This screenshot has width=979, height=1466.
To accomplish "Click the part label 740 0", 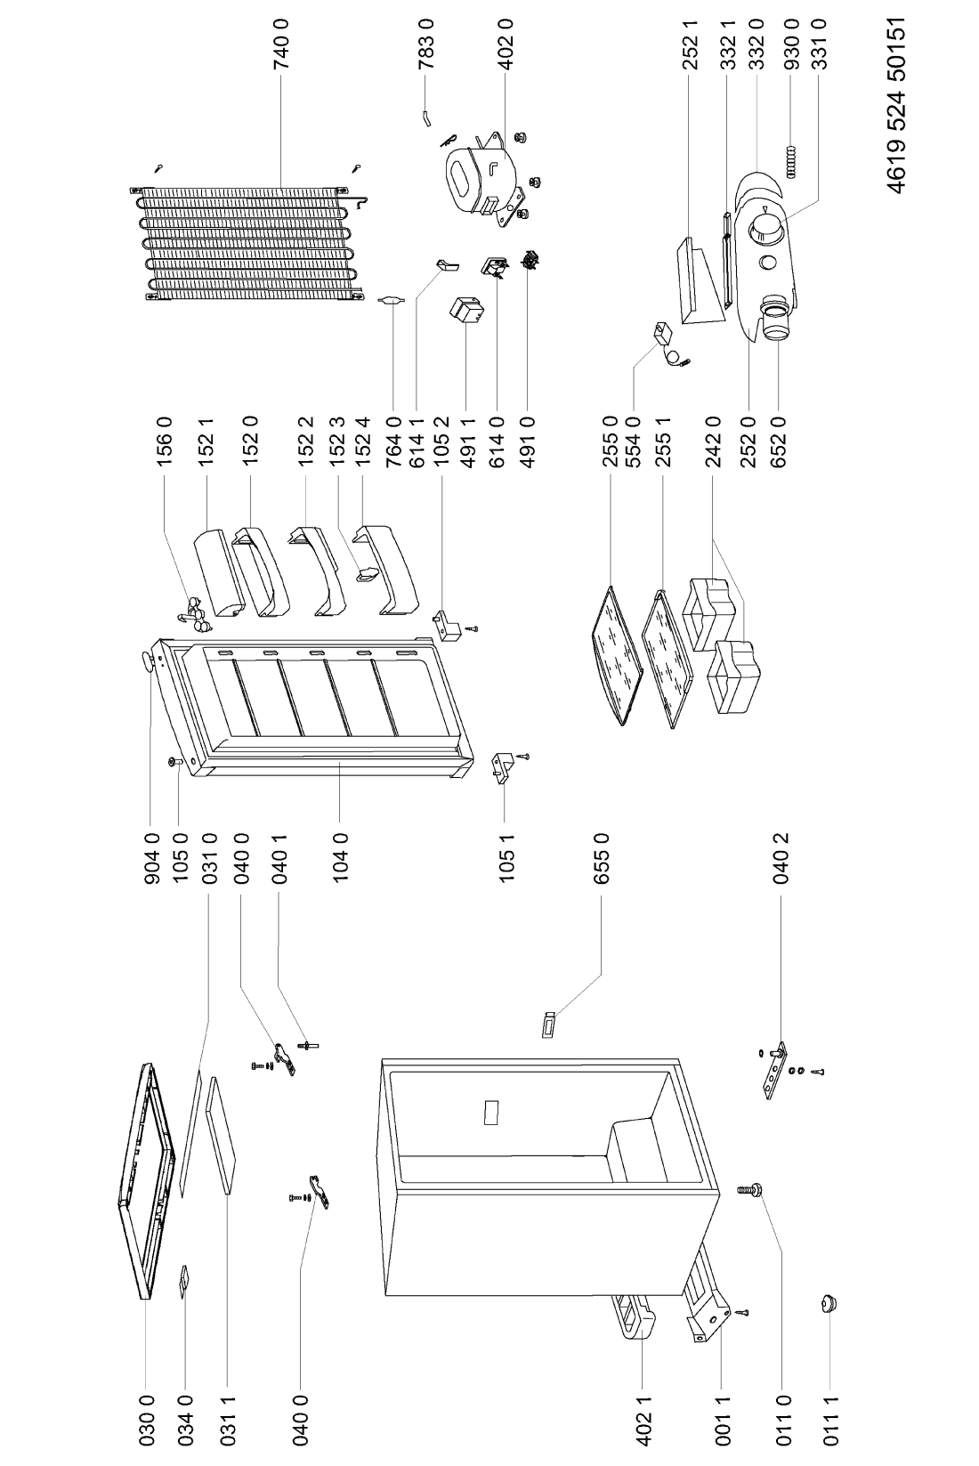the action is click(282, 45).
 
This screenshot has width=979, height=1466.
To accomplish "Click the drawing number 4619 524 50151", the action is click(897, 106).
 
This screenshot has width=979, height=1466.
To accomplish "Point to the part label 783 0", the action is click(425, 45).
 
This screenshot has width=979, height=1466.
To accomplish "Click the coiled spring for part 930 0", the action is click(793, 161).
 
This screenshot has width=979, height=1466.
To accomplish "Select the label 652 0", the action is click(779, 441).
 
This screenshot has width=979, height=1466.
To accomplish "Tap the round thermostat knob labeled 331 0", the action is click(765, 230).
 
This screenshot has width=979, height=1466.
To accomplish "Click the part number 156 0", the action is click(165, 441).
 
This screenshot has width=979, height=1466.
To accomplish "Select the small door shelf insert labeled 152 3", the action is click(368, 574).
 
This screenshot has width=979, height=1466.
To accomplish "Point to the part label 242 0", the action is click(713, 441).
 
